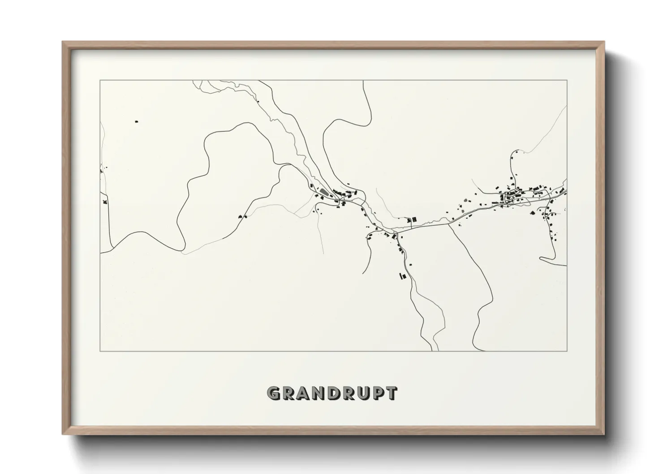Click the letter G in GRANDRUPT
pos(273,393)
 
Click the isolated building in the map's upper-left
pos(137,121)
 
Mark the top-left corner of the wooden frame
pos(63,42)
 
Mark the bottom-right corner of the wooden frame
pos(604,435)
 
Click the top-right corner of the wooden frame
pos(604,42)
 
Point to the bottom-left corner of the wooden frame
pos(63,435)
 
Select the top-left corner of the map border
pos(100,81)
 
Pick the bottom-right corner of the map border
pos(567,351)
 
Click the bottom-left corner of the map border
pos(100,351)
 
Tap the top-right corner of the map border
pos(567,81)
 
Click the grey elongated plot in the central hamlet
pos(323,193)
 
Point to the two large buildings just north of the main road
pos(411,220)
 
